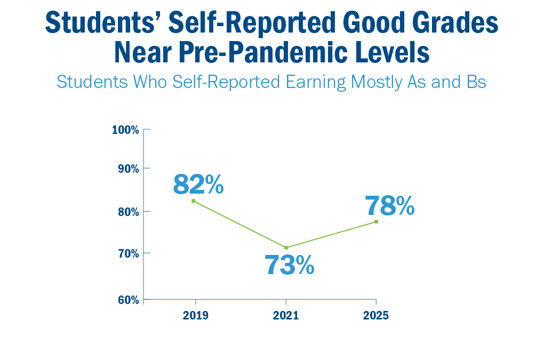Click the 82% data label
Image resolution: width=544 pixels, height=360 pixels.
tap(198, 185)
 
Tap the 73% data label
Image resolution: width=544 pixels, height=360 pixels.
tap(290, 265)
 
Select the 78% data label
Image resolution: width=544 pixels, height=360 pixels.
tap(389, 206)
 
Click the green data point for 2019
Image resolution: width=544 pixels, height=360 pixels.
tap(193, 201)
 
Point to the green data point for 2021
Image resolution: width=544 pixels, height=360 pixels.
tap(286, 247)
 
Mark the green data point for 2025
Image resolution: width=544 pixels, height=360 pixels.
tap(377, 221)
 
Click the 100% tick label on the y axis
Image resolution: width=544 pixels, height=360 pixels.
tap(126, 130)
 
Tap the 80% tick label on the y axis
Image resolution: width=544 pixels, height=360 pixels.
tap(127, 211)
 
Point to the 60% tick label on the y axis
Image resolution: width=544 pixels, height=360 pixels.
tap(127, 300)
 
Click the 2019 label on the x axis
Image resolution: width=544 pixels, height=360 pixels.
tap(195, 315)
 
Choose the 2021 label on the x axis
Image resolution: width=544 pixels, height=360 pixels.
tap(286, 315)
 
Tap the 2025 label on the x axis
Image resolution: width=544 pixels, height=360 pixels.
tap(376, 315)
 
